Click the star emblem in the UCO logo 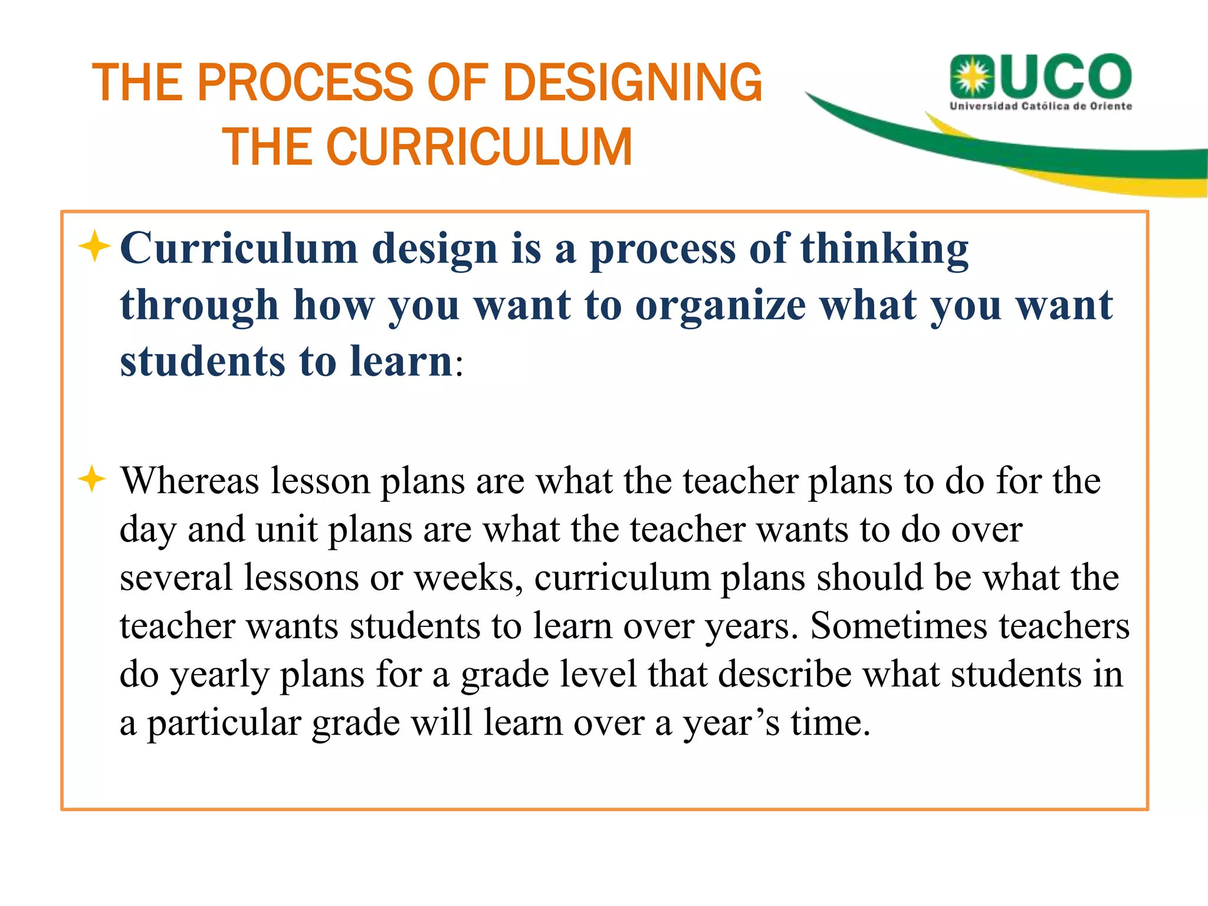(x=971, y=77)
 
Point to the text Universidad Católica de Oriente (x=1040, y=106)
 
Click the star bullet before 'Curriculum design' (x=94, y=246)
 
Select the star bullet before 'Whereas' (x=92, y=478)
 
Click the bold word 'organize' (x=720, y=306)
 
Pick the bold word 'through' (x=199, y=306)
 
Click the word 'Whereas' (x=190, y=481)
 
